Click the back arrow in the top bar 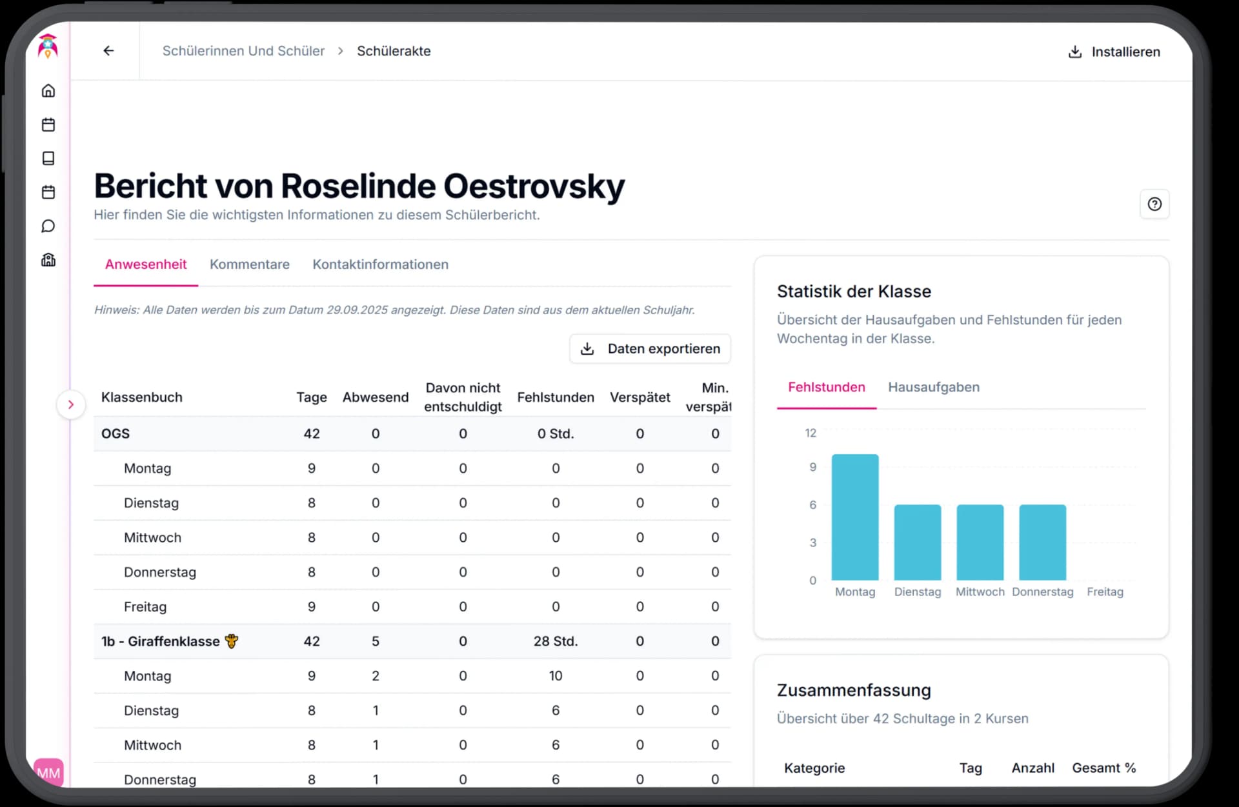pos(108,51)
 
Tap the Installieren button pos(1114,52)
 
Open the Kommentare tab pos(249,264)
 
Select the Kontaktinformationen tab pos(380,264)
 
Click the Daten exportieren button pos(650,349)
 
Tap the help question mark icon pos(1154,204)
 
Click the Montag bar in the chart pos(854,517)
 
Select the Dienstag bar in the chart pos(917,542)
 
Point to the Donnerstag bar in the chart pos(1042,542)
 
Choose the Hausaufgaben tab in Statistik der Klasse pos(933,387)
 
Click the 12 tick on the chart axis pos(811,433)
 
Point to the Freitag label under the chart pos(1105,592)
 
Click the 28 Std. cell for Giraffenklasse pos(556,641)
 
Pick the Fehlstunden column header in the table pos(556,397)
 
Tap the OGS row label pos(116,433)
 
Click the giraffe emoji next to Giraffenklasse pos(232,641)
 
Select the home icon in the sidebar pos(48,91)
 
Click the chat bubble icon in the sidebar pos(48,226)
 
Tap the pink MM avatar pos(48,772)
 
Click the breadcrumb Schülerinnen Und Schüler pos(243,51)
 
